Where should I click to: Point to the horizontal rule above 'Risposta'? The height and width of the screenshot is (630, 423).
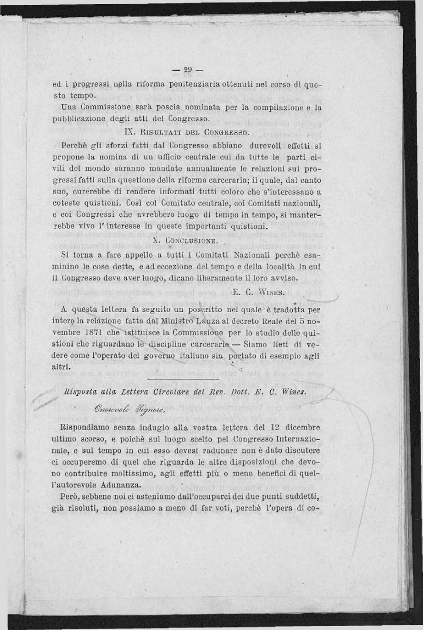pyautogui.click(x=183, y=379)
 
